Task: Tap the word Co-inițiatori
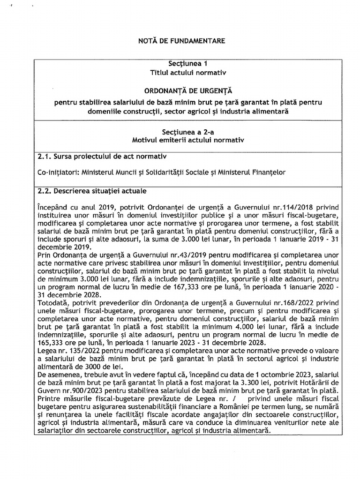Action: coord(58,172)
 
